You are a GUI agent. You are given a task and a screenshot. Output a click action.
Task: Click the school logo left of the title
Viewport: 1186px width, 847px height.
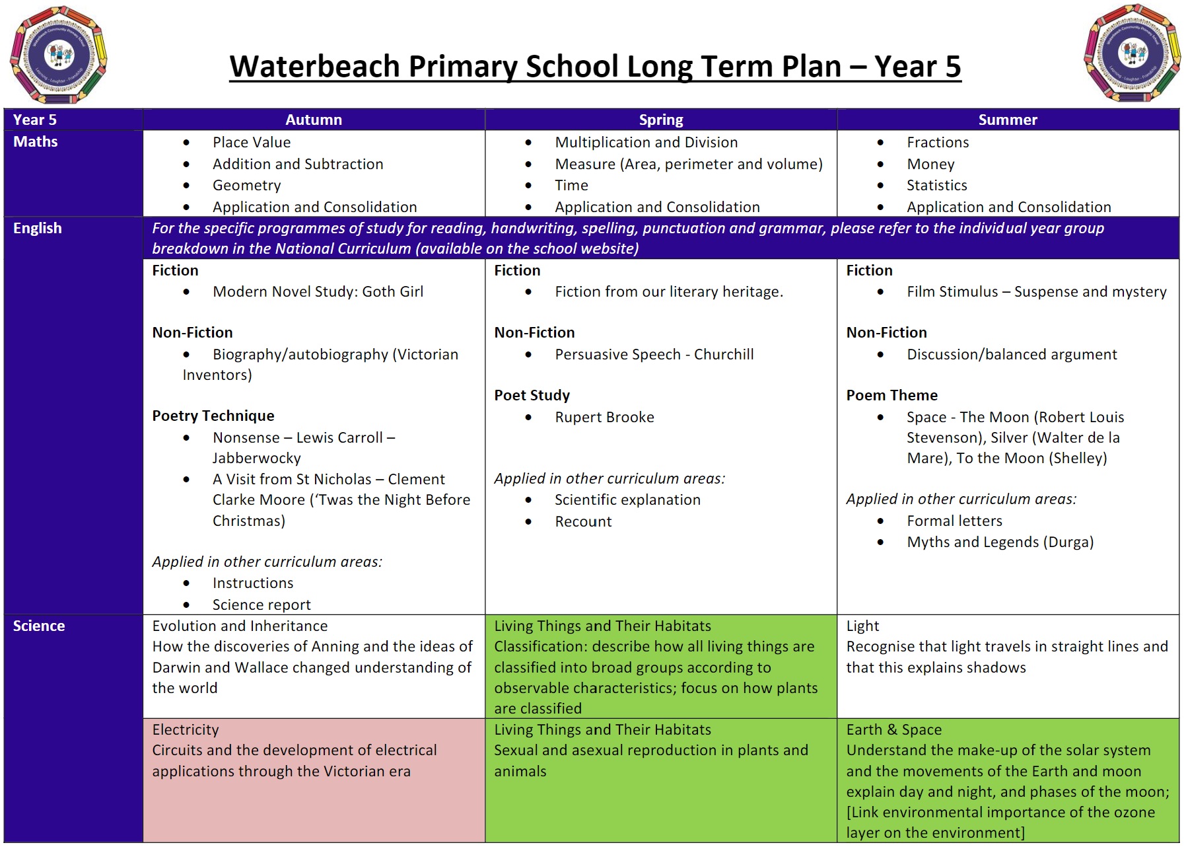[x=58, y=55]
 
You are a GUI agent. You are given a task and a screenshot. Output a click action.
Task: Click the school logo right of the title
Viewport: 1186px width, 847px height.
[x=1132, y=54]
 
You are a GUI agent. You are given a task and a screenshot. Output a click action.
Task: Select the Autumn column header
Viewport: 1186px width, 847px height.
[x=314, y=120]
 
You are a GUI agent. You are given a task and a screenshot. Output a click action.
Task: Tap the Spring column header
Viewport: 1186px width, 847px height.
[x=661, y=120]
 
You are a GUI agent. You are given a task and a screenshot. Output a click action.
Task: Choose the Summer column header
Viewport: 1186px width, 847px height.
[x=1008, y=120]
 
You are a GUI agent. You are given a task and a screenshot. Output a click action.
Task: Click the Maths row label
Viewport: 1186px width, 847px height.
[x=36, y=141]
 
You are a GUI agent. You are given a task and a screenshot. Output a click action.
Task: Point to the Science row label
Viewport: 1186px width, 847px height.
[x=39, y=626]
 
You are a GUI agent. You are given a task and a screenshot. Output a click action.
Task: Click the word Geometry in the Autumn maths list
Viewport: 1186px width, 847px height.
[x=246, y=186]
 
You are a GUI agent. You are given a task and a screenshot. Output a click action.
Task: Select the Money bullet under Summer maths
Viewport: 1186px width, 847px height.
[x=930, y=164]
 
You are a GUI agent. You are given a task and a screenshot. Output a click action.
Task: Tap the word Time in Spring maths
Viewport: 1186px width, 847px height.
[x=571, y=186]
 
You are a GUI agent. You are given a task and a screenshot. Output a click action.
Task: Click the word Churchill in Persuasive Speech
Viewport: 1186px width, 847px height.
[x=724, y=355]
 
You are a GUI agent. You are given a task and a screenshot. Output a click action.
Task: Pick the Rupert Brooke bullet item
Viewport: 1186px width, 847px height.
[x=604, y=418]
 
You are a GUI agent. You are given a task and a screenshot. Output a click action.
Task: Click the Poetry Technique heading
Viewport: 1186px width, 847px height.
[x=213, y=416]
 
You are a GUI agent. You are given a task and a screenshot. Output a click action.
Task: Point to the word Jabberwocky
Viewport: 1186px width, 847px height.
[x=256, y=459]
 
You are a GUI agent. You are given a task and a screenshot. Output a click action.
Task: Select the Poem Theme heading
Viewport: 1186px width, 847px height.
[x=891, y=395]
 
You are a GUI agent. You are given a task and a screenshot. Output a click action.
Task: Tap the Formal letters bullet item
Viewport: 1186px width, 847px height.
[x=954, y=521]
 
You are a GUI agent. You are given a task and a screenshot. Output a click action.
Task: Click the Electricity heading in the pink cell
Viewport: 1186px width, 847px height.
[x=186, y=729]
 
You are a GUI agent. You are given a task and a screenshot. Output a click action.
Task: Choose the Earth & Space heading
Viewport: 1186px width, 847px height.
[x=894, y=729]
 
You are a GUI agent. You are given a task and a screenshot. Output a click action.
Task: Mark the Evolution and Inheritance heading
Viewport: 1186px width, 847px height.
[x=240, y=626]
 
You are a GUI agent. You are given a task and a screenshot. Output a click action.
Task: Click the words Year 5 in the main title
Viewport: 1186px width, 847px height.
[x=917, y=66]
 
